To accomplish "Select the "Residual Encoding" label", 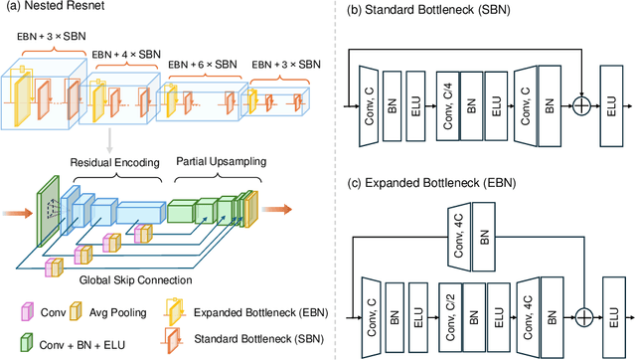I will click(112, 161).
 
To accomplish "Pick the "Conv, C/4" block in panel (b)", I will click(450, 102).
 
